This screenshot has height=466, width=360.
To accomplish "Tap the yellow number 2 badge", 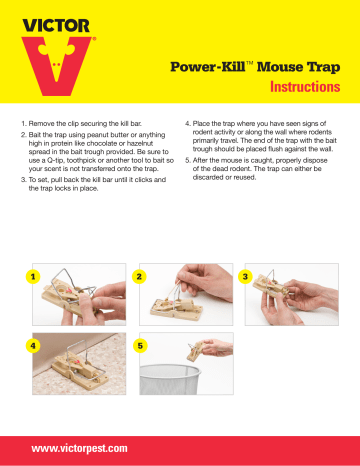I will point(139,274).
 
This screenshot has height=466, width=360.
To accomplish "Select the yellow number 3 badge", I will point(247,274).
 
